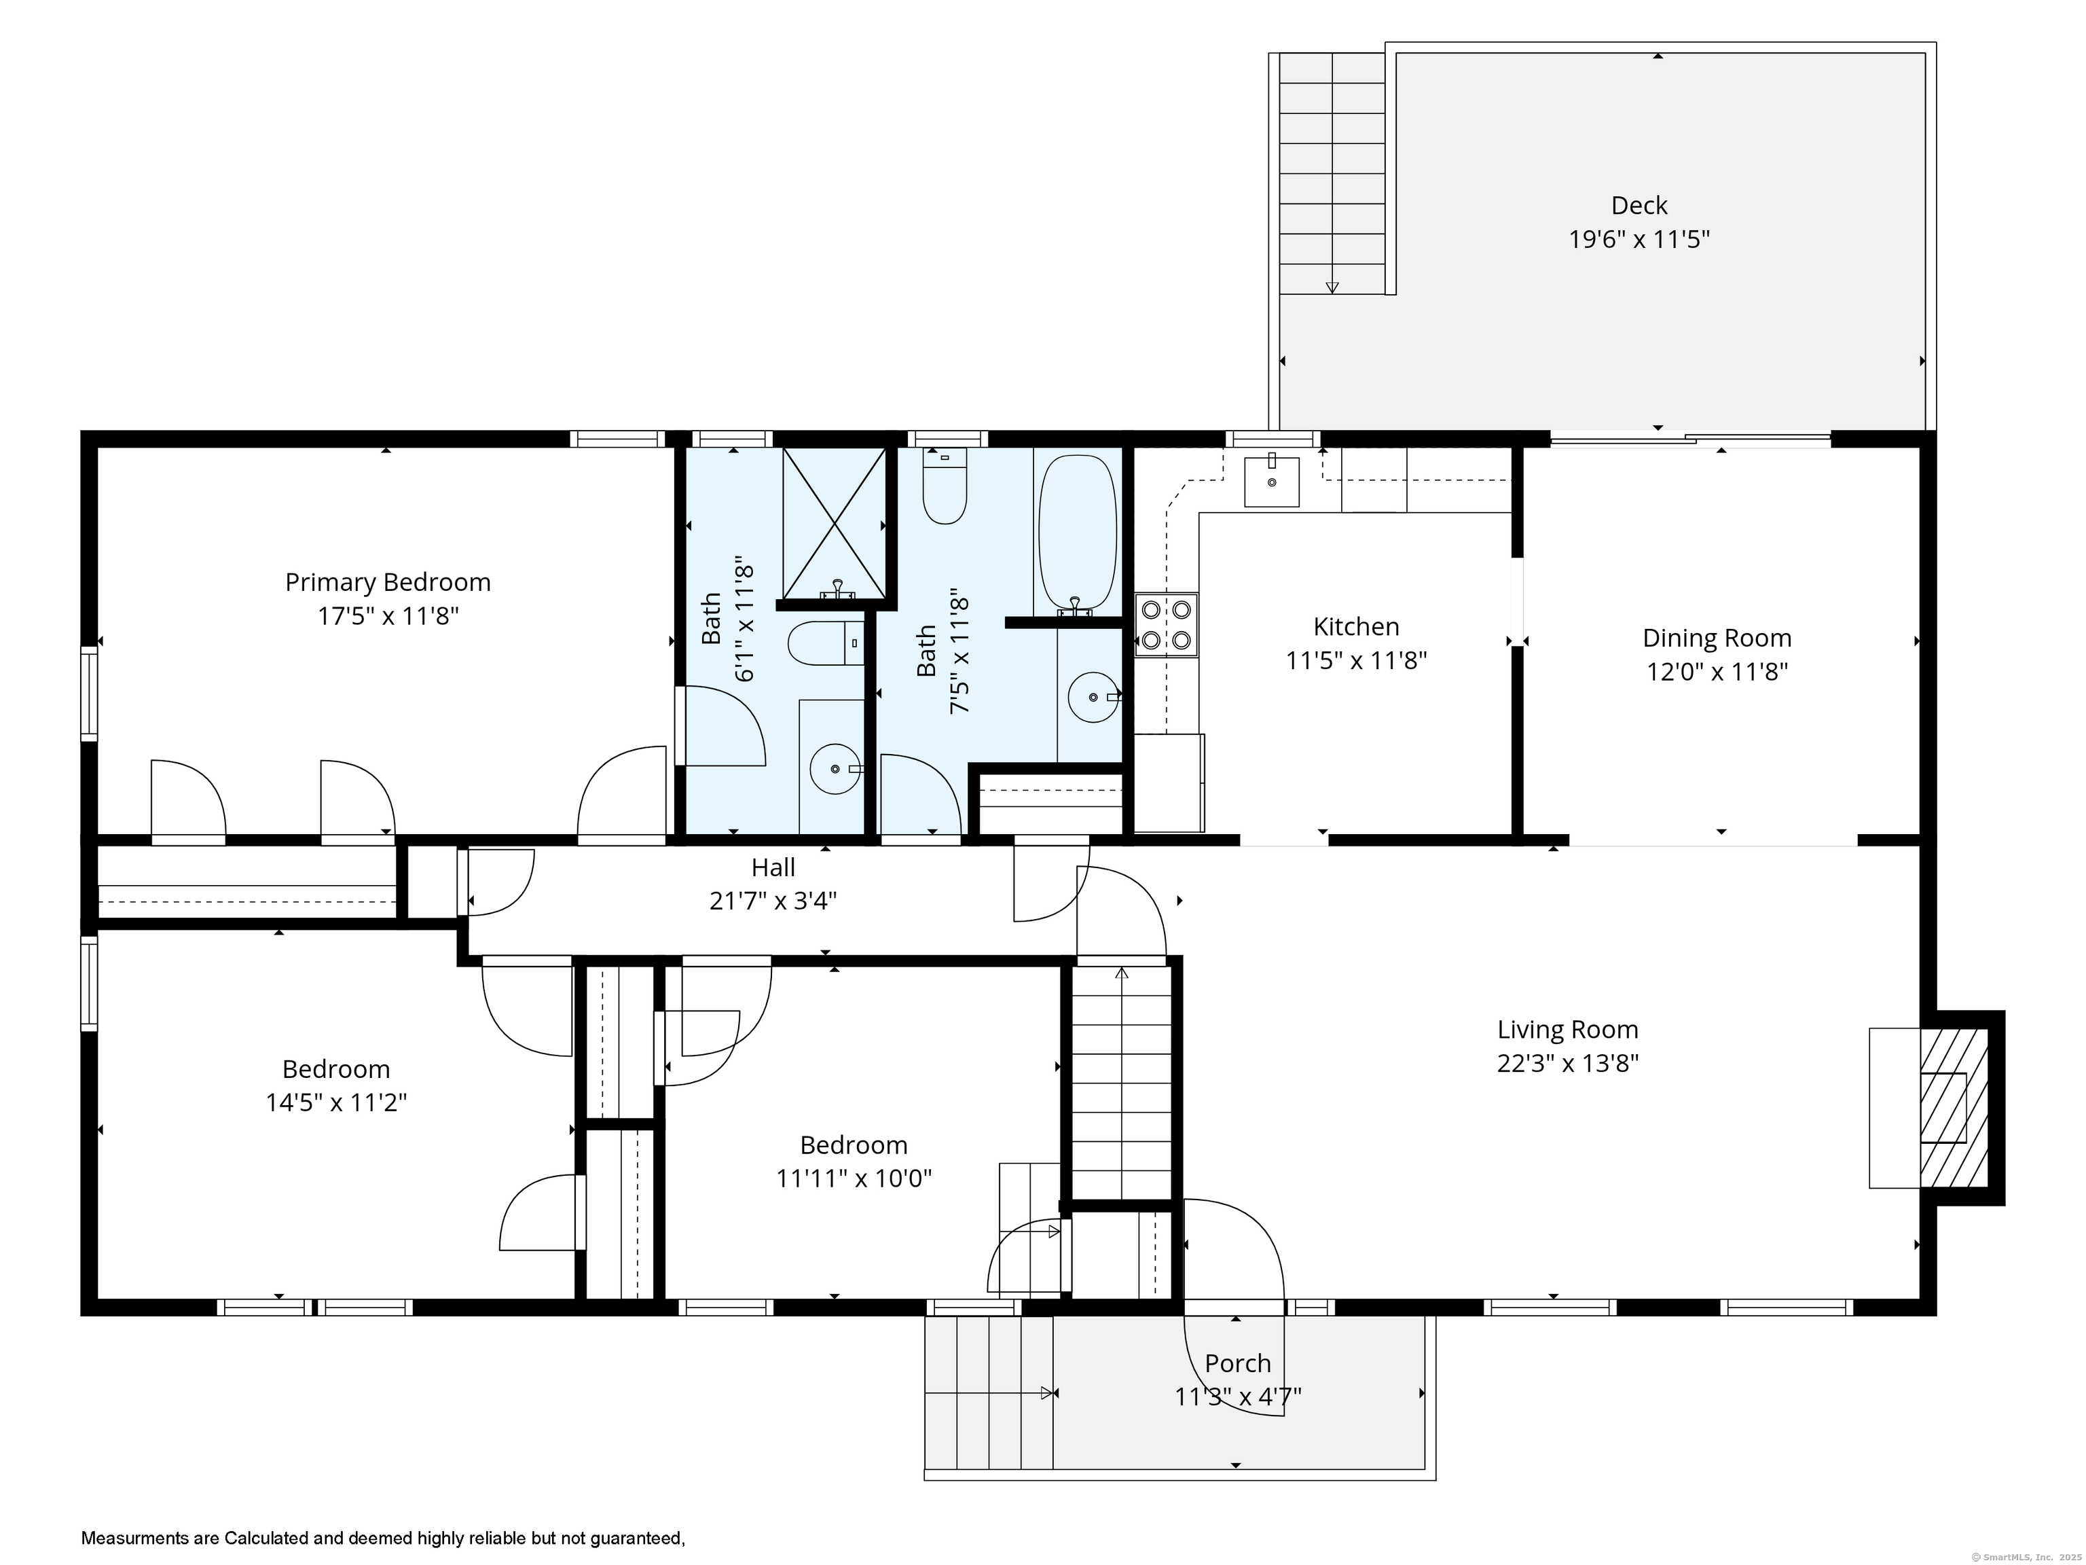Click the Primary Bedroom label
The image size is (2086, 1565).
click(x=388, y=582)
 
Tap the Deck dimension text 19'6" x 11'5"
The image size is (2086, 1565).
click(x=1639, y=240)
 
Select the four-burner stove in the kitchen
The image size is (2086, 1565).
click(x=1167, y=624)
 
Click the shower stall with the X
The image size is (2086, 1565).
click(x=835, y=524)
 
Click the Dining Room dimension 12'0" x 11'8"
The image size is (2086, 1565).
click(x=1717, y=672)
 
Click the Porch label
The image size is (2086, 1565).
click(x=1237, y=1363)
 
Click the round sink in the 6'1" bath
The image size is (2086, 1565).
click(x=835, y=769)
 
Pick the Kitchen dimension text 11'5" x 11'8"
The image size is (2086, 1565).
click(x=1356, y=660)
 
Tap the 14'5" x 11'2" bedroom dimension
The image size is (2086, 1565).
click(x=335, y=1102)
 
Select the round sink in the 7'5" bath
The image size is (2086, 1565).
click(x=1093, y=697)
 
